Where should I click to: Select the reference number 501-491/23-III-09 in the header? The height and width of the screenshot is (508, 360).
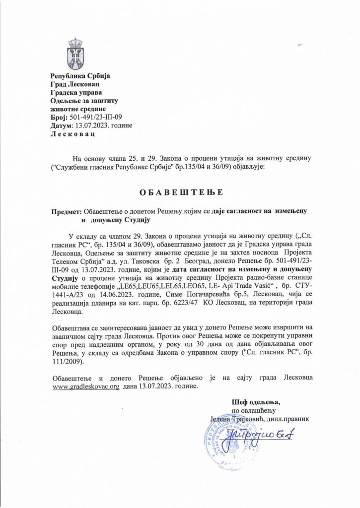94,117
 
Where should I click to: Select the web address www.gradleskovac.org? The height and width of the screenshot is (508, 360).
85,386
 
